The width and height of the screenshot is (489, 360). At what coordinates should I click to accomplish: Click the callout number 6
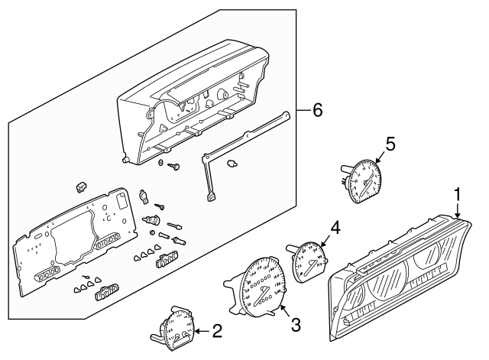click(x=316, y=110)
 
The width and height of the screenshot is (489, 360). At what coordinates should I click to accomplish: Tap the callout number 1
click(x=458, y=195)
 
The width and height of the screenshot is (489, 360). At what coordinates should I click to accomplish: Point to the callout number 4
click(x=334, y=228)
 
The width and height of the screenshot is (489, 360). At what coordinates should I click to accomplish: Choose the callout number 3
click(x=296, y=324)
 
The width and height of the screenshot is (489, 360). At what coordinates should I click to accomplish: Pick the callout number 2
click(x=217, y=332)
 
